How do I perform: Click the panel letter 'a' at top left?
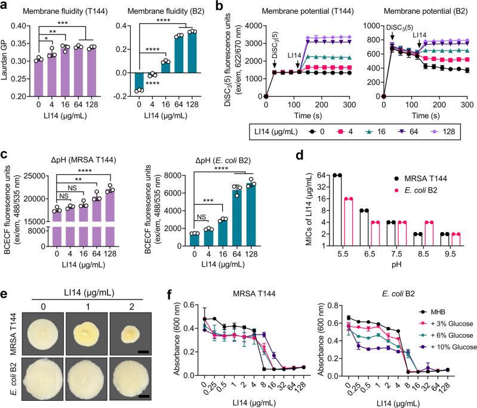pyautogui.click(x=5, y=6)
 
